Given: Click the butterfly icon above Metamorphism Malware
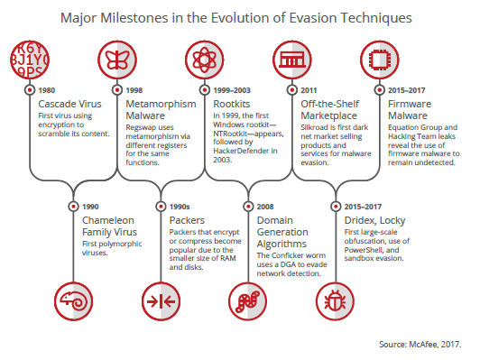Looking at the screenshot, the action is click(117, 60).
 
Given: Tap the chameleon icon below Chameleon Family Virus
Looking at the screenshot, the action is click(73, 301).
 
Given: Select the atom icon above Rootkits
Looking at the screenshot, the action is click(205, 60).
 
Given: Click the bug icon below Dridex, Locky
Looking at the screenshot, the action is click(336, 301).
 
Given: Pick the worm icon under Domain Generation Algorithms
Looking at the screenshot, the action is click(247, 301).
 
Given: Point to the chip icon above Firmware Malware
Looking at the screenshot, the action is click(380, 60).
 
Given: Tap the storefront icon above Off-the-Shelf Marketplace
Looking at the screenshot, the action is click(292, 60).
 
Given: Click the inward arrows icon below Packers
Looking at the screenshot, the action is click(161, 301).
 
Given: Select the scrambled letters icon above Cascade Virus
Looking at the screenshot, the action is click(30, 60).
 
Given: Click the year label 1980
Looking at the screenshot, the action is click(47, 90).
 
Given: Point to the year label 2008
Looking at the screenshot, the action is click(265, 207).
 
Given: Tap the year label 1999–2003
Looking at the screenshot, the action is click(232, 90).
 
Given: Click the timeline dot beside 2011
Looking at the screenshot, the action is click(292, 90).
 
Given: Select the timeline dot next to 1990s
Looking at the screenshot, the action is click(161, 207).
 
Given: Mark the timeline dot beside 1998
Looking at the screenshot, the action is click(117, 90).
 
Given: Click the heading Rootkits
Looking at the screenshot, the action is click(232, 104).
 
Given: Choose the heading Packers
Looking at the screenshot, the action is click(187, 220).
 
